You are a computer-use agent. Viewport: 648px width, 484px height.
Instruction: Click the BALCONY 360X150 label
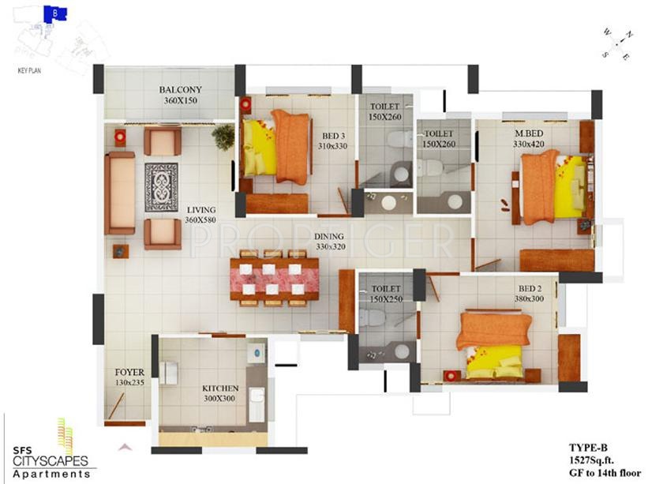180,95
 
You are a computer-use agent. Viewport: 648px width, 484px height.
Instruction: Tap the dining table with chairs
274,277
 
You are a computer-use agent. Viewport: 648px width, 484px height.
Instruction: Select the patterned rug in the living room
161,186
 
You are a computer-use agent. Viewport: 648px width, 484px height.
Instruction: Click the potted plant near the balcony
223,137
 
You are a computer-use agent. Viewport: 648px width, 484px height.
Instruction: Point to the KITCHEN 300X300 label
220,394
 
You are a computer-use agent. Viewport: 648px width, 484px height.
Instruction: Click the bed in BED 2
494,343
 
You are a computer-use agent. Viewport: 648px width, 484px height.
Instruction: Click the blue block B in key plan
54,13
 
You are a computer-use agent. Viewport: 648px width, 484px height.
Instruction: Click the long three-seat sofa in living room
120,193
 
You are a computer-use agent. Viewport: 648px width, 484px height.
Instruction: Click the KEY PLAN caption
28,70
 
